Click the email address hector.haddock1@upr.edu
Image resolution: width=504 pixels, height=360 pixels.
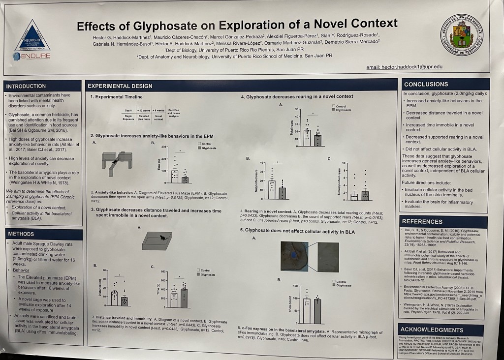click(x=405, y=66)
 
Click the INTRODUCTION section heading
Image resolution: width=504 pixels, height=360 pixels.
click(x=27, y=86)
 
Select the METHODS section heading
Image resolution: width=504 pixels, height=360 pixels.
click(x=21, y=234)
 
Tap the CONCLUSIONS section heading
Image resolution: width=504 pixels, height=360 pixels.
click(x=426, y=84)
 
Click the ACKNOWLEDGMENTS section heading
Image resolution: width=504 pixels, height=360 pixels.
click(x=432, y=330)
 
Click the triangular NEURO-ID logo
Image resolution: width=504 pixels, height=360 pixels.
click(x=32, y=37)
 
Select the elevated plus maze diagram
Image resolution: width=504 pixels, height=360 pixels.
click(x=117, y=160)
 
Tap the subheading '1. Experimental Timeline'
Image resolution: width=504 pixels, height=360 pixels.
click(x=117, y=97)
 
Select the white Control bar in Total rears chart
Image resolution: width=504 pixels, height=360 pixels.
click(x=307, y=134)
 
